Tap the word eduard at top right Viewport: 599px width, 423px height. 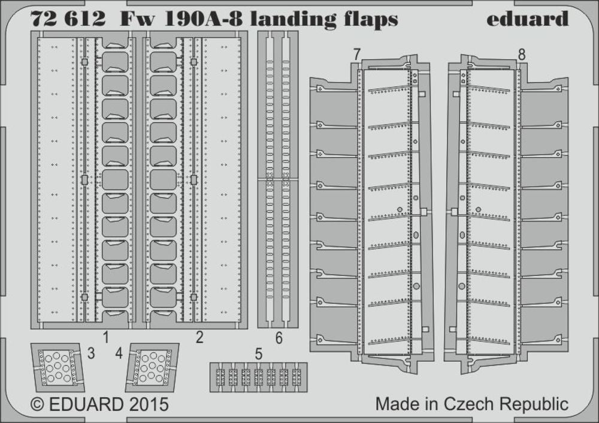(x=527, y=19)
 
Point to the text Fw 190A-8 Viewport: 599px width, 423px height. (x=183, y=19)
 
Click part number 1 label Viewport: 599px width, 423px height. (x=105, y=338)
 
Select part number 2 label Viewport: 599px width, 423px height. (x=199, y=338)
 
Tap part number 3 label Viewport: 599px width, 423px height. (x=90, y=353)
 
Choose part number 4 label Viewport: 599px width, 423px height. (x=119, y=353)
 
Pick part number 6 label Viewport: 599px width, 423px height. (x=279, y=338)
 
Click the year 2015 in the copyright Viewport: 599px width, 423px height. (x=147, y=403)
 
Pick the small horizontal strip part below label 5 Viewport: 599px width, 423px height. (x=258, y=377)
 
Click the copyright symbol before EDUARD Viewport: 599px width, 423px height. (x=38, y=404)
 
